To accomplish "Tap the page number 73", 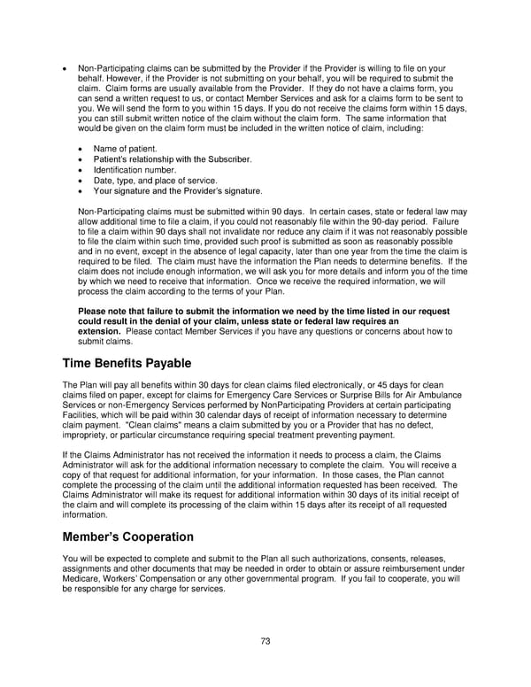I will [265, 640].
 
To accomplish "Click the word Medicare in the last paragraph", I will [82, 579].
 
